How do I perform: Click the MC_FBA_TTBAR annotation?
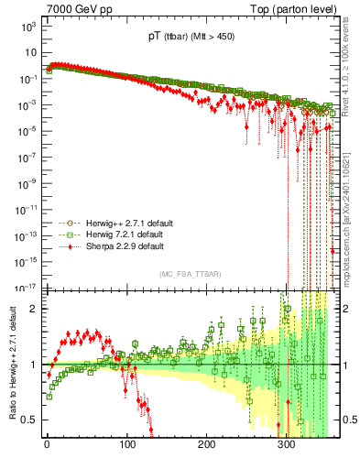[190, 274]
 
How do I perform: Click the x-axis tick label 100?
[126, 450]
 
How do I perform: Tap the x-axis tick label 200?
[207, 450]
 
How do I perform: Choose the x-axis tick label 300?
[287, 450]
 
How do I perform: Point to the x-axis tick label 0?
[47, 450]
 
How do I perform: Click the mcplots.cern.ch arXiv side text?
[351, 220]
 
